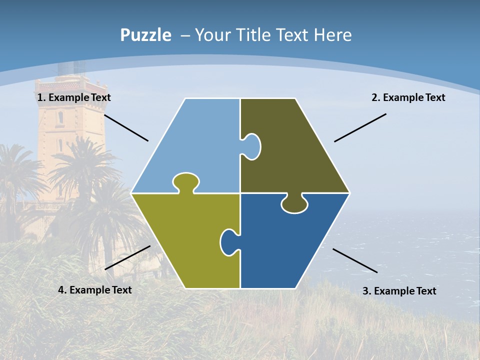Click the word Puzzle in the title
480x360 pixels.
[145, 35]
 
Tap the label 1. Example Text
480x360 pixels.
[74, 98]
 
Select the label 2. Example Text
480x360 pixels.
[408, 98]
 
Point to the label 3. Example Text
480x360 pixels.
[399, 291]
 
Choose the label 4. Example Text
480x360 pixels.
[95, 290]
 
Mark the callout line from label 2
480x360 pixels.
[360, 127]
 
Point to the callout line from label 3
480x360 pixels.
[355, 260]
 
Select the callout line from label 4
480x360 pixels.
[127, 257]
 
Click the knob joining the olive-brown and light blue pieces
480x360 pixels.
[252, 146]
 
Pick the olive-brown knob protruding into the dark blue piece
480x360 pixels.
[294, 204]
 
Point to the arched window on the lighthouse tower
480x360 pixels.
[60, 118]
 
